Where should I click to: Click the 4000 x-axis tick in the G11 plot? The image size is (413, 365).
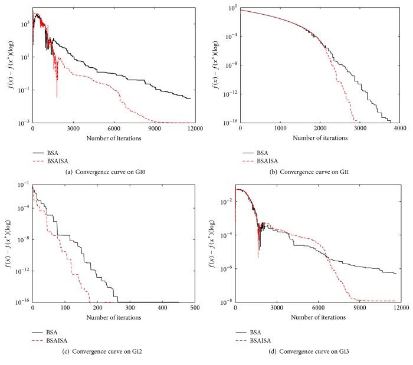399,128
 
